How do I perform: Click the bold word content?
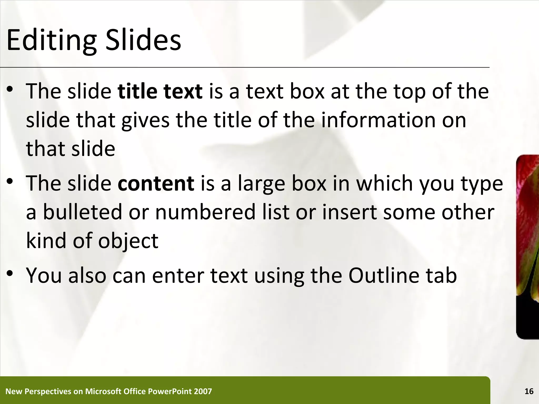click(156, 183)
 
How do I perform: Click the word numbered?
click(205, 212)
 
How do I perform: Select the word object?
click(128, 241)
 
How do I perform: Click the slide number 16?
click(529, 392)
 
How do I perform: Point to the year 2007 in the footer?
click(203, 392)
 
